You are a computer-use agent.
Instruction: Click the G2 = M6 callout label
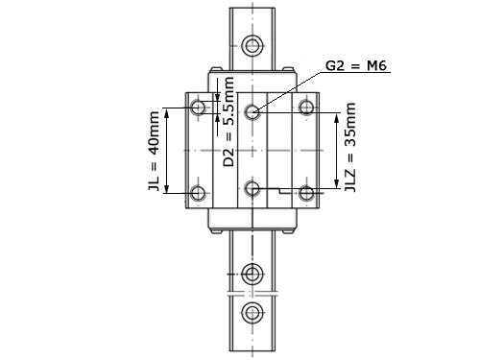(356, 66)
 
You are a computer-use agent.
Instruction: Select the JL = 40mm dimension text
(154, 151)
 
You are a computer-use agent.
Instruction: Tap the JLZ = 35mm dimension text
(350, 147)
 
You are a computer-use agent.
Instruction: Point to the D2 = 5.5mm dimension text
(228, 122)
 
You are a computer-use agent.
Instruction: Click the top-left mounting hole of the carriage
(198, 107)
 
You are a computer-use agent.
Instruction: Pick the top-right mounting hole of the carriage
(306, 107)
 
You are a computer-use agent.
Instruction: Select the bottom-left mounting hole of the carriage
(198, 193)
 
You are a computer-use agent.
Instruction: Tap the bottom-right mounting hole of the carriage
(306, 193)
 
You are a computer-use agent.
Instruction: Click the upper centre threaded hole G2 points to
(252, 111)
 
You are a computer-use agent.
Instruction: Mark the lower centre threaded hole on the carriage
(252, 188)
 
